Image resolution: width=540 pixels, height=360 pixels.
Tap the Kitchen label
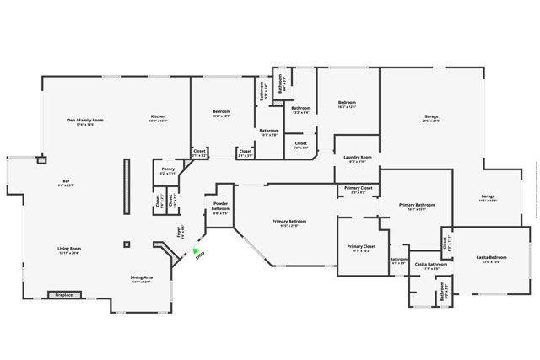(158, 116)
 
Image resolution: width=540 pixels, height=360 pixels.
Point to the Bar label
(66, 182)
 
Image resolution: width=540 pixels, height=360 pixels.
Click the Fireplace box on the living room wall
(64, 296)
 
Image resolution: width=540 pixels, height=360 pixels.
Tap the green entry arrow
(196, 250)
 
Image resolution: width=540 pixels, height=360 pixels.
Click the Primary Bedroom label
(289, 223)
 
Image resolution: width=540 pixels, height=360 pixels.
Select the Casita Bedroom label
(491, 258)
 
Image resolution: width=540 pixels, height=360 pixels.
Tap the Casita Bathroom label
(430, 266)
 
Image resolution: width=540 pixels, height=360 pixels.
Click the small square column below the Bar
(127, 244)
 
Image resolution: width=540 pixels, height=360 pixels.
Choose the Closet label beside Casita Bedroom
(445, 242)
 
